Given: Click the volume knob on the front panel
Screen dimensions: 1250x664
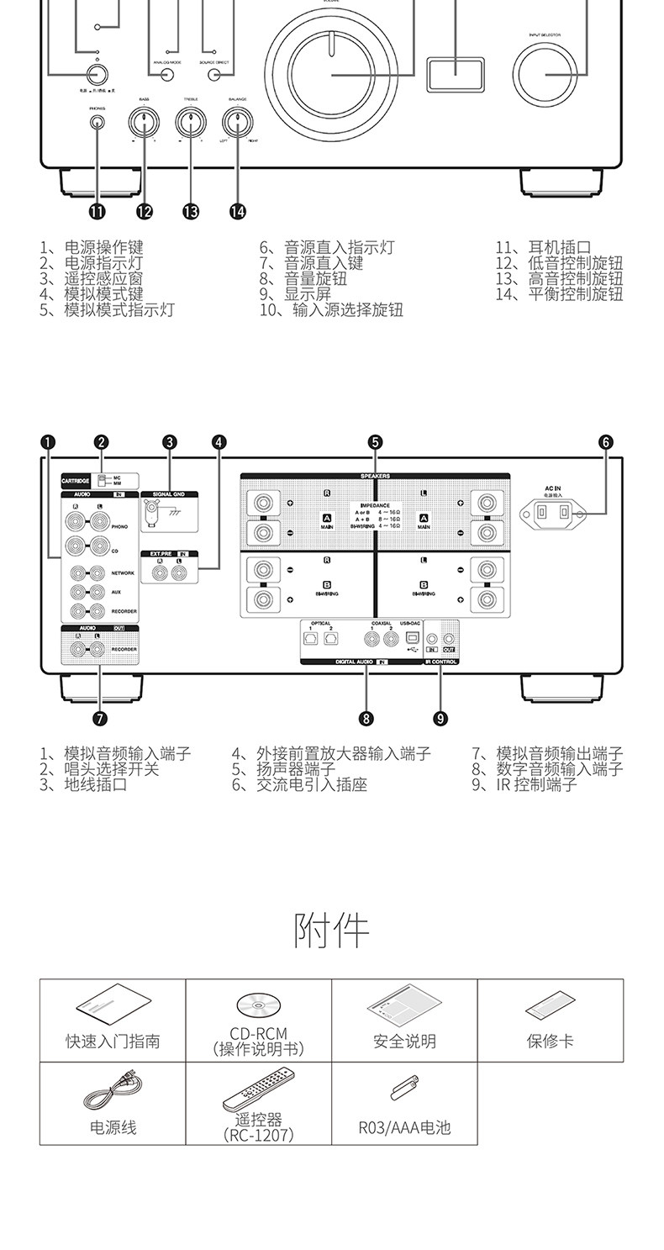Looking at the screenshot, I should tap(332, 75).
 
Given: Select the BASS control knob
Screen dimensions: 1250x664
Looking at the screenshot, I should tap(145, 124).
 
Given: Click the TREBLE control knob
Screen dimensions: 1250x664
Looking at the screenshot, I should tap(191, 124).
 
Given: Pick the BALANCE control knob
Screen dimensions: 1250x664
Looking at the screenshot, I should tap(237, 124).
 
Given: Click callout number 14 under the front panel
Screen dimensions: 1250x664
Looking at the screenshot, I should tap(237, 212).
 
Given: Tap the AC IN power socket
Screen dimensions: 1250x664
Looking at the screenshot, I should tap(554, 512).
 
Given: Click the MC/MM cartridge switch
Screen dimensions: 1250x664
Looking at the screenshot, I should tap(102, 480).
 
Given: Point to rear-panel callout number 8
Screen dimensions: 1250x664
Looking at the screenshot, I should tap(366, 718).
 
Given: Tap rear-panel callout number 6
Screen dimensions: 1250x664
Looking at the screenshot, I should tap(606, 442).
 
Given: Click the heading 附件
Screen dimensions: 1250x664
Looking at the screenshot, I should tap(332, 931).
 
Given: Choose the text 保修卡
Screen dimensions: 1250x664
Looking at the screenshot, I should tap(550, 1042).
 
